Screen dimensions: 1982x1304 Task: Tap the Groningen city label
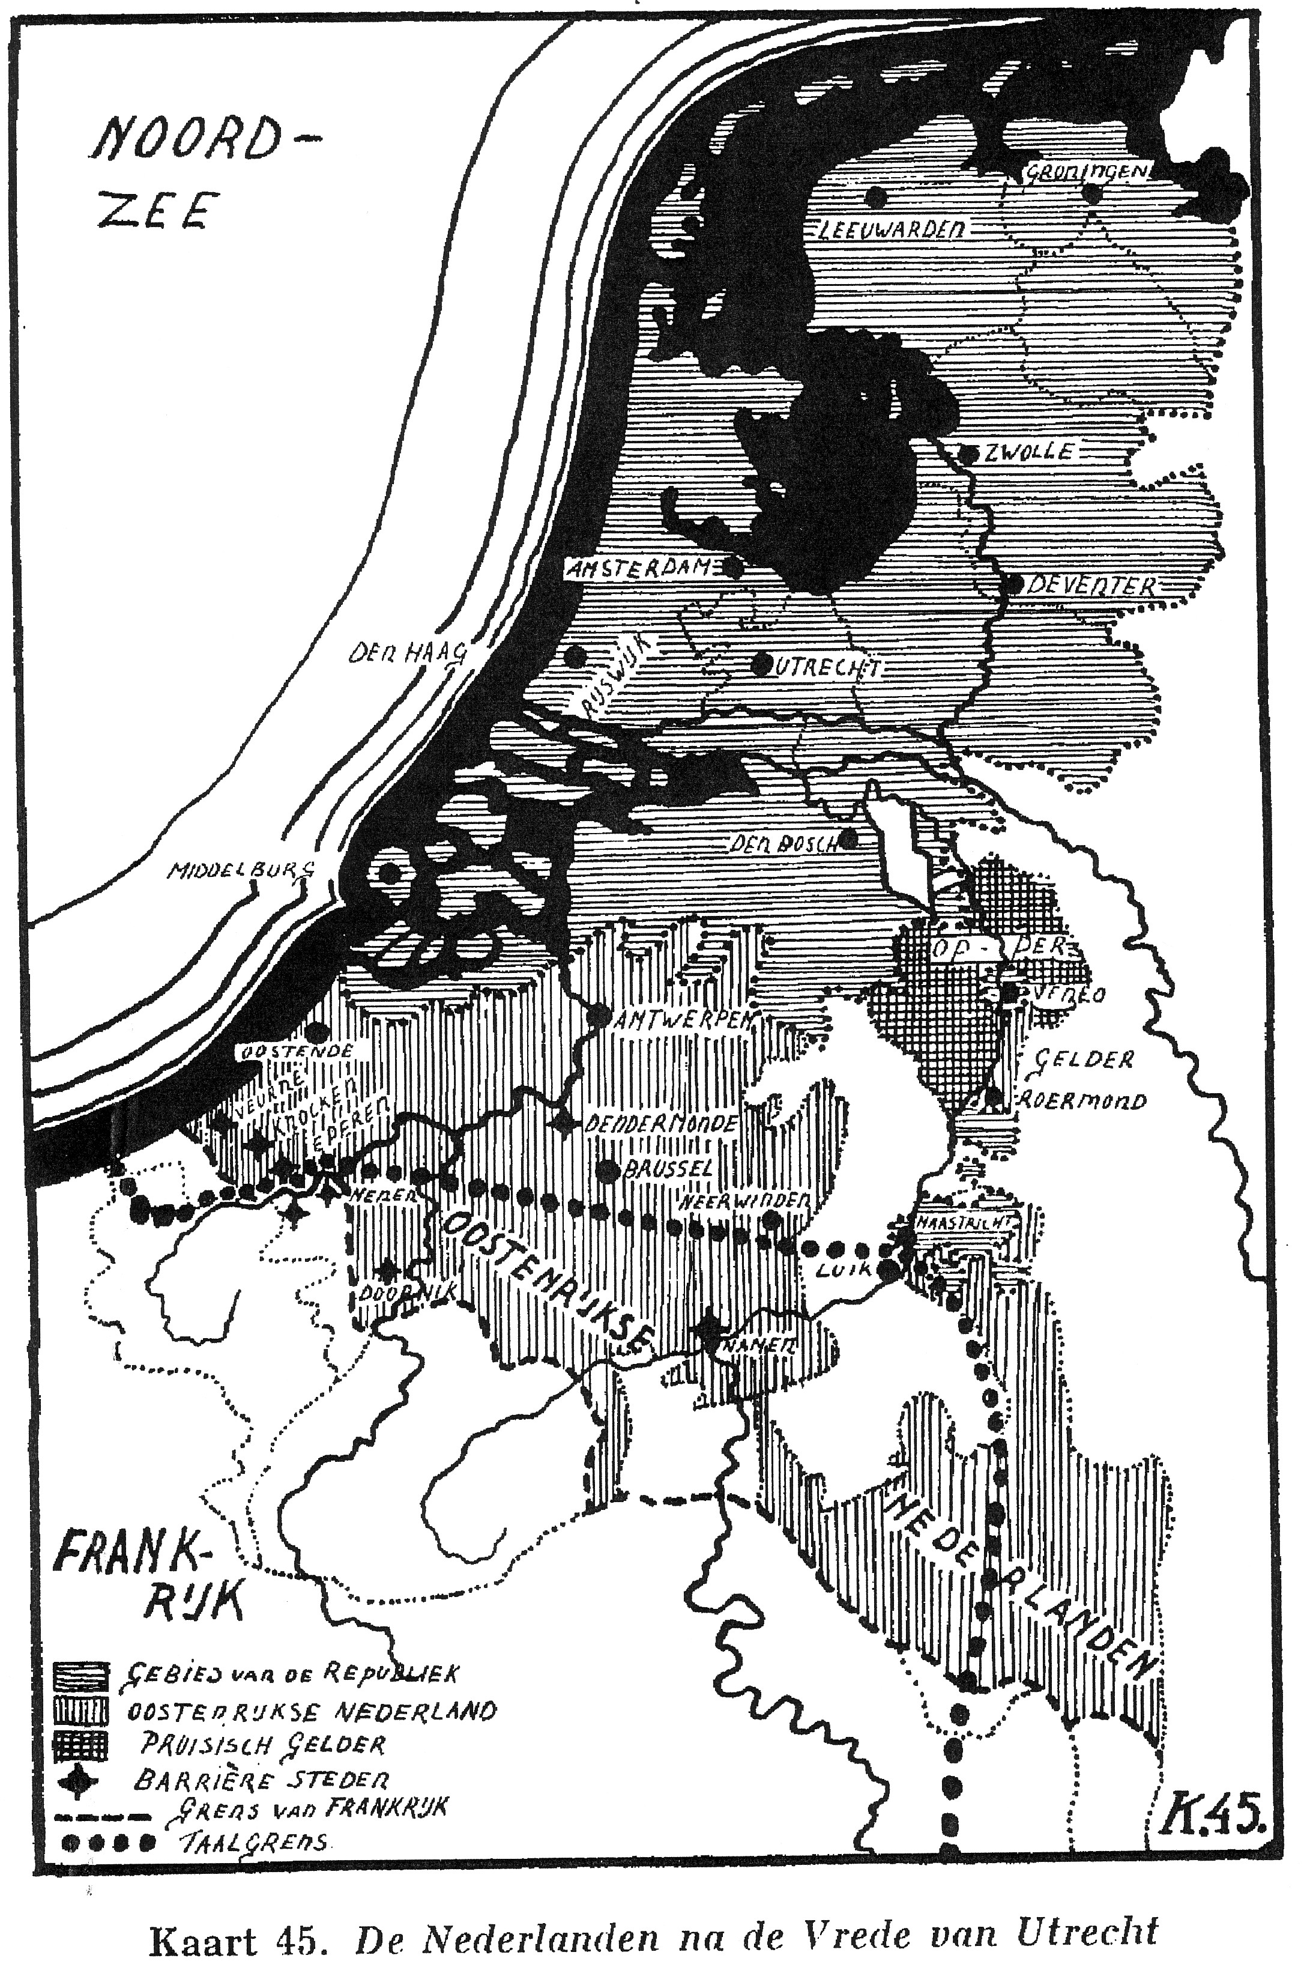pyautogui.click(x=1087, y=172)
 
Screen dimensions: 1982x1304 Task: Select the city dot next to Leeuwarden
pyautogui.click(x=875, y=198)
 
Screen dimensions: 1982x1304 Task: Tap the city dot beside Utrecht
pyautogui.click(x=761, y=664)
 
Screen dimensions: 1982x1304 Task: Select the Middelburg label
pyautogui.click(x=241, y=870)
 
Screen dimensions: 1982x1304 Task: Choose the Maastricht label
pyautogui.click(x=966, y=1222)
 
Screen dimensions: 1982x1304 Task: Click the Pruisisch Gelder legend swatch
pyautogui.click(x=81, y=1744)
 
